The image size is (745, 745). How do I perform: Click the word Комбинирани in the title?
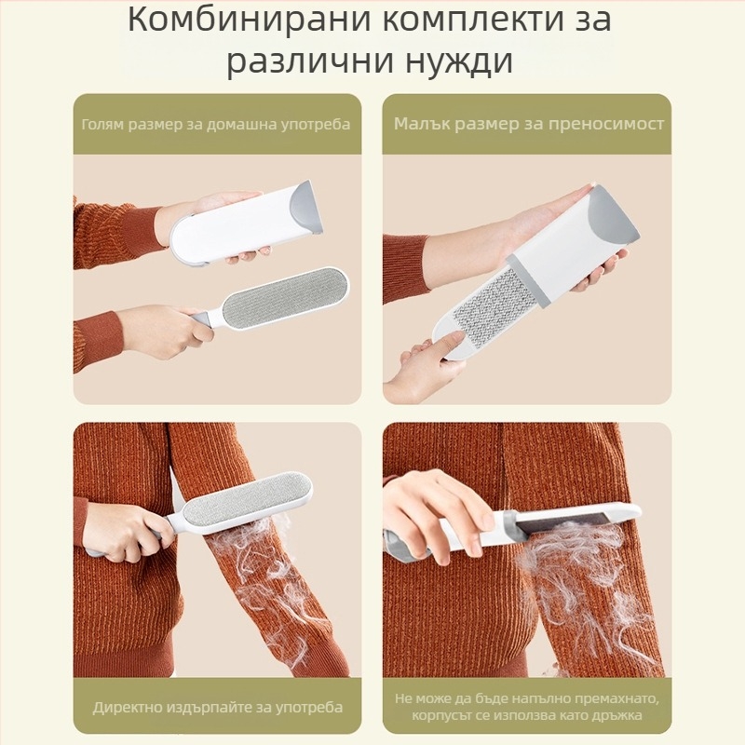[x=241, y=20]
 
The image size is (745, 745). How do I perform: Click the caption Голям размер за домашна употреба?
[x=216, y=124]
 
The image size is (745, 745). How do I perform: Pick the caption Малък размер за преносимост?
[x=528, y=124]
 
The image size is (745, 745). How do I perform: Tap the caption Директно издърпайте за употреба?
[x=217, y=707]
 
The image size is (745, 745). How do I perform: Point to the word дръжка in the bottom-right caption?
[x=633, y=716]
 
